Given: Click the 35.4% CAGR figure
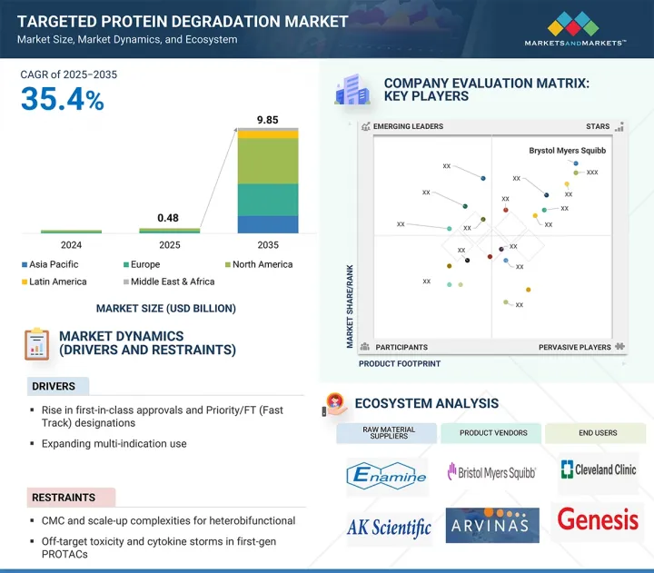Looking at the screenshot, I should [62, 99].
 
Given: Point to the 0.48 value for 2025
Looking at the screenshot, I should [168, 218].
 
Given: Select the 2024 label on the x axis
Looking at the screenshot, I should [71, 245].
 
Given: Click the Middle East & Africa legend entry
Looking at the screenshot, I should [167, 282].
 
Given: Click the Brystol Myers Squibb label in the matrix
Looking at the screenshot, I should [567, 151].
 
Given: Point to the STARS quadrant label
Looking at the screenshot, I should [598, 127].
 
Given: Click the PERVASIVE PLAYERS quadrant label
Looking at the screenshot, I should [574, 347].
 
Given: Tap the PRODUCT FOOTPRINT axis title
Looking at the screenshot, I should [400, 363].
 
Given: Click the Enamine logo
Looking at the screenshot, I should [388, 473].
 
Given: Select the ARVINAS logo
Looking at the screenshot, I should [492, 525].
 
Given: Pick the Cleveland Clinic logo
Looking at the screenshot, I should [599, 470].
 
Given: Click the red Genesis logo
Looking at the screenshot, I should [598, 519].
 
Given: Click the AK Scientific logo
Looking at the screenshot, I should [389, 528].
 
